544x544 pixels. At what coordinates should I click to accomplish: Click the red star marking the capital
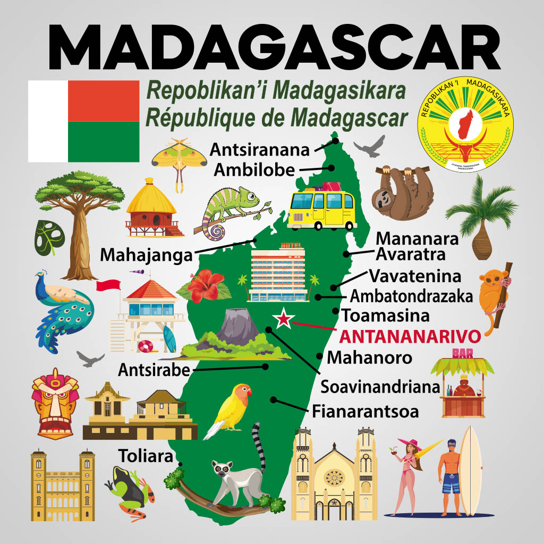pyautogui.click(x=284, y=318)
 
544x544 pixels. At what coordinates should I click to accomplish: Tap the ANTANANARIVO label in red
pyautogui.click(x=409, y=336)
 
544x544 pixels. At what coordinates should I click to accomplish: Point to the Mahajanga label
pyautogui.click(x=146, y=256)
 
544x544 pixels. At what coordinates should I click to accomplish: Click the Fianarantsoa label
pyautogui.click(x=365, y=411)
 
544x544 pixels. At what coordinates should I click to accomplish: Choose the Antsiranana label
pyautogui.click(x=260, y=149)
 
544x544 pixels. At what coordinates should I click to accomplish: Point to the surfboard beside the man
pyautogui.click(x=470, y=470)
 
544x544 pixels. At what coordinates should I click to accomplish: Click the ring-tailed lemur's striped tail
pyautogui.click(x=258, y=446)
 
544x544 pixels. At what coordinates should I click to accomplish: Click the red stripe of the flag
pyautogui.click(x=104, y=100)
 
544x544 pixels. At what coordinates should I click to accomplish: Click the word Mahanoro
pyautogui.click(x=369, y=358)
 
